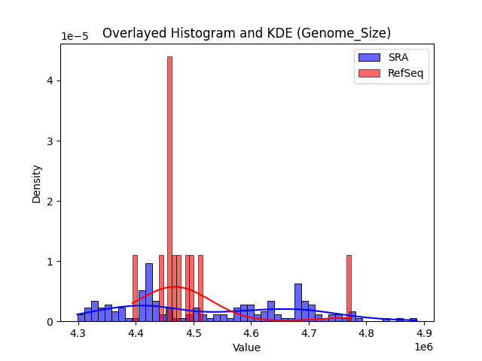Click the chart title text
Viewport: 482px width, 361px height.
(246, 33)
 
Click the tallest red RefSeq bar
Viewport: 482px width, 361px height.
(169, 188)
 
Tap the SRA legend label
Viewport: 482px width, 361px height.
(398, 57)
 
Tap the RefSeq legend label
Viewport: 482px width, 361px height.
(405, 73)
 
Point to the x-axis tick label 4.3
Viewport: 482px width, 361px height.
(78, 334)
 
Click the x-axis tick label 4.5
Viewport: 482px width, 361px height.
(194, 334)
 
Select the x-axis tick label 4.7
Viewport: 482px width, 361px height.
(309, 334)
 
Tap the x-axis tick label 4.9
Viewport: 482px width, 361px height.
(424, 334)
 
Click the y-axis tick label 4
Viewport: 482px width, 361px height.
(49, 81)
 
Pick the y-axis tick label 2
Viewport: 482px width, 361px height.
(49, 202)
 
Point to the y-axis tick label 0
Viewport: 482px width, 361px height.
(49, 322)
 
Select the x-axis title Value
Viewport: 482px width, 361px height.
(246, 347)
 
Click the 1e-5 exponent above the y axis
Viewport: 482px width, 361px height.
(74, 37)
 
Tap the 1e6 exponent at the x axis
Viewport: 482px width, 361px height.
(424, 346)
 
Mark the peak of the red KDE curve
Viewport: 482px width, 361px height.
(175, 287)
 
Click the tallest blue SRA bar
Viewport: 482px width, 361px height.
(149, 293)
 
